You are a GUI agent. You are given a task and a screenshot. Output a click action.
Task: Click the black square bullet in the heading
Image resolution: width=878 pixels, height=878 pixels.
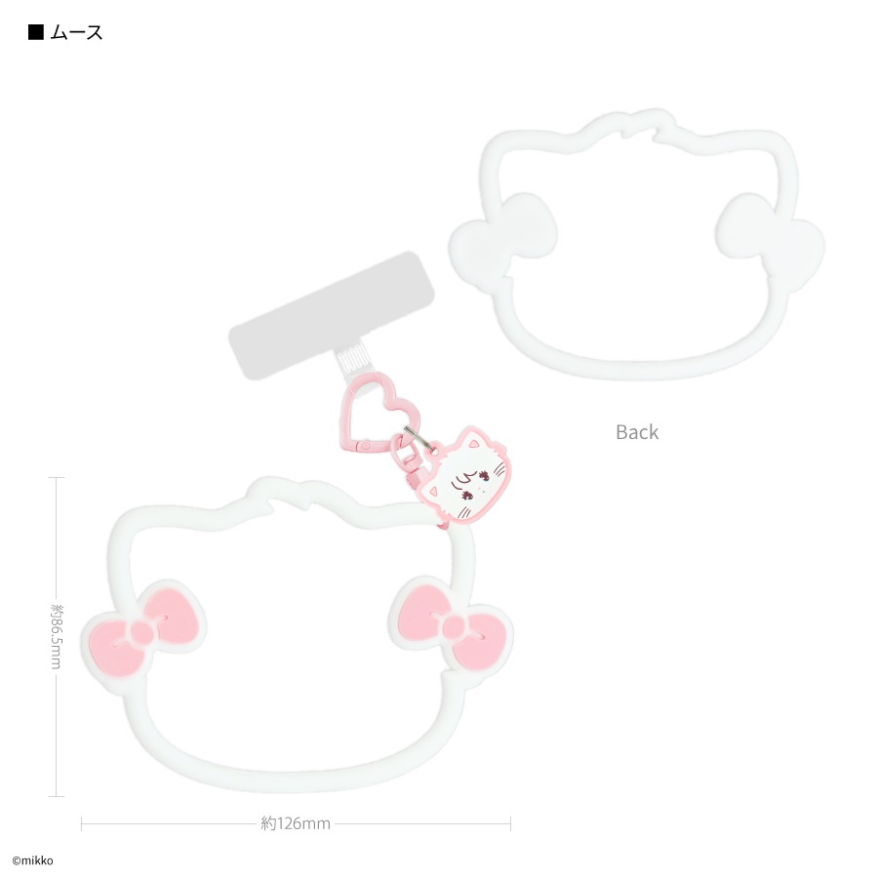pos(36,32)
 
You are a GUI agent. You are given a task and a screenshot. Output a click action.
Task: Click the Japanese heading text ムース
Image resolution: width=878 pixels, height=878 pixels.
pos(76,32)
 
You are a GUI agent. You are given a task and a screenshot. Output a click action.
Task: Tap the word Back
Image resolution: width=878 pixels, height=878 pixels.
pos(637,432)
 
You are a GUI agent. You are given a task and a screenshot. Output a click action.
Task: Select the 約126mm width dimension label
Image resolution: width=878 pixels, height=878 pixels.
pos(296,823)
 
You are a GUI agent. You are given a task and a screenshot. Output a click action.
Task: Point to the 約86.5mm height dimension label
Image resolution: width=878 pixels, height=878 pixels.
pos(57,636)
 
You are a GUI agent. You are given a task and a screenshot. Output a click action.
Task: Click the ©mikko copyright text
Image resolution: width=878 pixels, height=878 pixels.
pos(32,860)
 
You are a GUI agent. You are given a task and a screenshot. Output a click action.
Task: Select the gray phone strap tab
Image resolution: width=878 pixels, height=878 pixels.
pos(332,316)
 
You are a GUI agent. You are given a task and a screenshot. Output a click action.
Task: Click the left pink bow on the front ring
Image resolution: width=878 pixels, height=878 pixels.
pos(143,633)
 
